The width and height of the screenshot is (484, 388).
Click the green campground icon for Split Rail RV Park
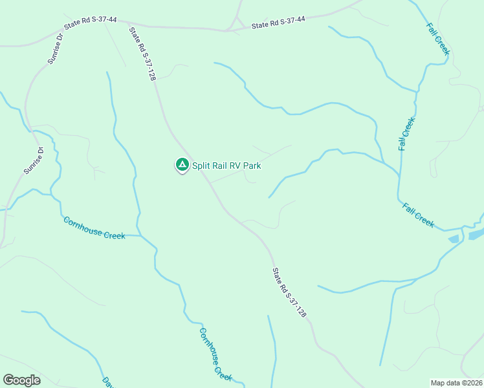(x=182, y=165)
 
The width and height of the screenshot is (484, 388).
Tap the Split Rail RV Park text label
(x=226, y=166)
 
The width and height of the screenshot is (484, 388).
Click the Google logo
(x=21, y=380)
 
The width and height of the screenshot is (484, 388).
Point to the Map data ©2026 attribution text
(x=456, y=382)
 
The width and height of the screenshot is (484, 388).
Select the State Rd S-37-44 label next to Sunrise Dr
(x=91, y=21)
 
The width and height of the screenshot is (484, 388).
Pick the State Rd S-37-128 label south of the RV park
(x=289, y=292)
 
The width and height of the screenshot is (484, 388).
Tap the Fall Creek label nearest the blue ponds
(x=418, y=215)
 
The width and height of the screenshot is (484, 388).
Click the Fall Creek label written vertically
(x=406, y=133)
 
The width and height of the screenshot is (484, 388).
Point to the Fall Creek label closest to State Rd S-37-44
(x=437, y=39)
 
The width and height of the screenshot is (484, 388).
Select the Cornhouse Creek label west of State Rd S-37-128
(x=94, y=228)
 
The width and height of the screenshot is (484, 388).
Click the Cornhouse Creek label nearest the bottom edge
(x=215, y=354)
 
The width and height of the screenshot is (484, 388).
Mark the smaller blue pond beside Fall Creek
(x=454, y=239)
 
